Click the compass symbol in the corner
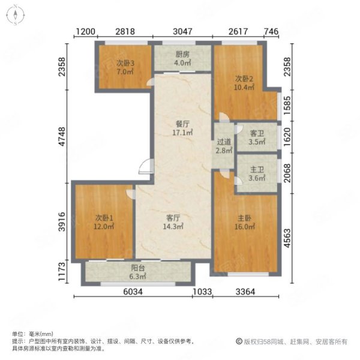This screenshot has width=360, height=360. click(16, 15)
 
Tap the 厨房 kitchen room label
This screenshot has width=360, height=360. click(182, 55)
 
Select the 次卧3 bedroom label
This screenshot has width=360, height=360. click(125, 63)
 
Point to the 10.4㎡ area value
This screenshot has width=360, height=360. click(244, 88)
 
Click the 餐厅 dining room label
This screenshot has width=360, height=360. click(182, 124)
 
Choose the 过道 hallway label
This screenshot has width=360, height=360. click(224, 142)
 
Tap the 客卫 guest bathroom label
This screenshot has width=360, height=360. click(257, 133)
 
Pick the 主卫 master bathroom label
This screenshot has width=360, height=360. click(257, 170)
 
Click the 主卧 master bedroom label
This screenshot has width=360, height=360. click(245, 218)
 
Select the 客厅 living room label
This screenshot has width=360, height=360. click(173, 218)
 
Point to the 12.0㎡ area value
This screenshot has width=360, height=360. click(104, 227)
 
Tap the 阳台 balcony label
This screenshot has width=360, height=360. click(138, 268)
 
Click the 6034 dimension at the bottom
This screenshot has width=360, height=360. click(133, 292)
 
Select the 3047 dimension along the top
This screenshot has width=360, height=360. click(182, 31)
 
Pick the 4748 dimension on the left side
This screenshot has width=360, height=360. click(62, 137)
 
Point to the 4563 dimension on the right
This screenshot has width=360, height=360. click(287, 238)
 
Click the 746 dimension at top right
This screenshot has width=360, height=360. click(271, 31)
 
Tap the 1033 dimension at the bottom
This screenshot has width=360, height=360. click(202, 292)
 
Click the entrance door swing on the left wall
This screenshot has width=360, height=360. click(146, 166)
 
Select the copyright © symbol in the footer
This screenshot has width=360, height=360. click(239, 341)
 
